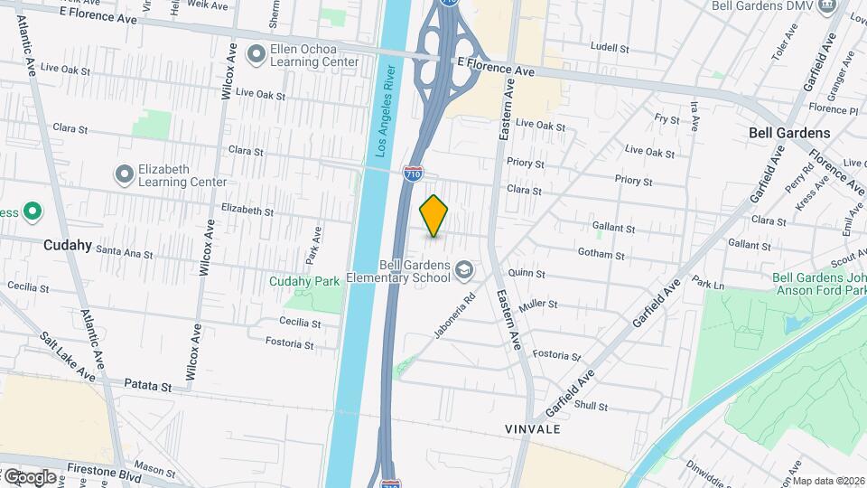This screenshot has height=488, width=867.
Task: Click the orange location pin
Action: [434, 215]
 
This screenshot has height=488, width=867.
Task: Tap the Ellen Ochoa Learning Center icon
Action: [256, 55]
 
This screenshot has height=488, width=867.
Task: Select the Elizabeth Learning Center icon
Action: [124, 174]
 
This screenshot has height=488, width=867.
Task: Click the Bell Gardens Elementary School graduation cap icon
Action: [463, 269]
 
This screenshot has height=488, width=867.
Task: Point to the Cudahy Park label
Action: [304, 281]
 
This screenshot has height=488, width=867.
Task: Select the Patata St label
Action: [146, 386]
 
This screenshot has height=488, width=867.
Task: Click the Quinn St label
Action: [527, 273]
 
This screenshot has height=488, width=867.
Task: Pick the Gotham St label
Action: [595, 254]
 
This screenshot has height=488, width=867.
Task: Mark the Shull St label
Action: [591, 406]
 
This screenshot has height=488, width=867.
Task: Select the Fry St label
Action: [667, 118]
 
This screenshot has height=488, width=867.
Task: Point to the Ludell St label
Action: [609, 46]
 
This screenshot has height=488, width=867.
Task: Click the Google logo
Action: [29, 476]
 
